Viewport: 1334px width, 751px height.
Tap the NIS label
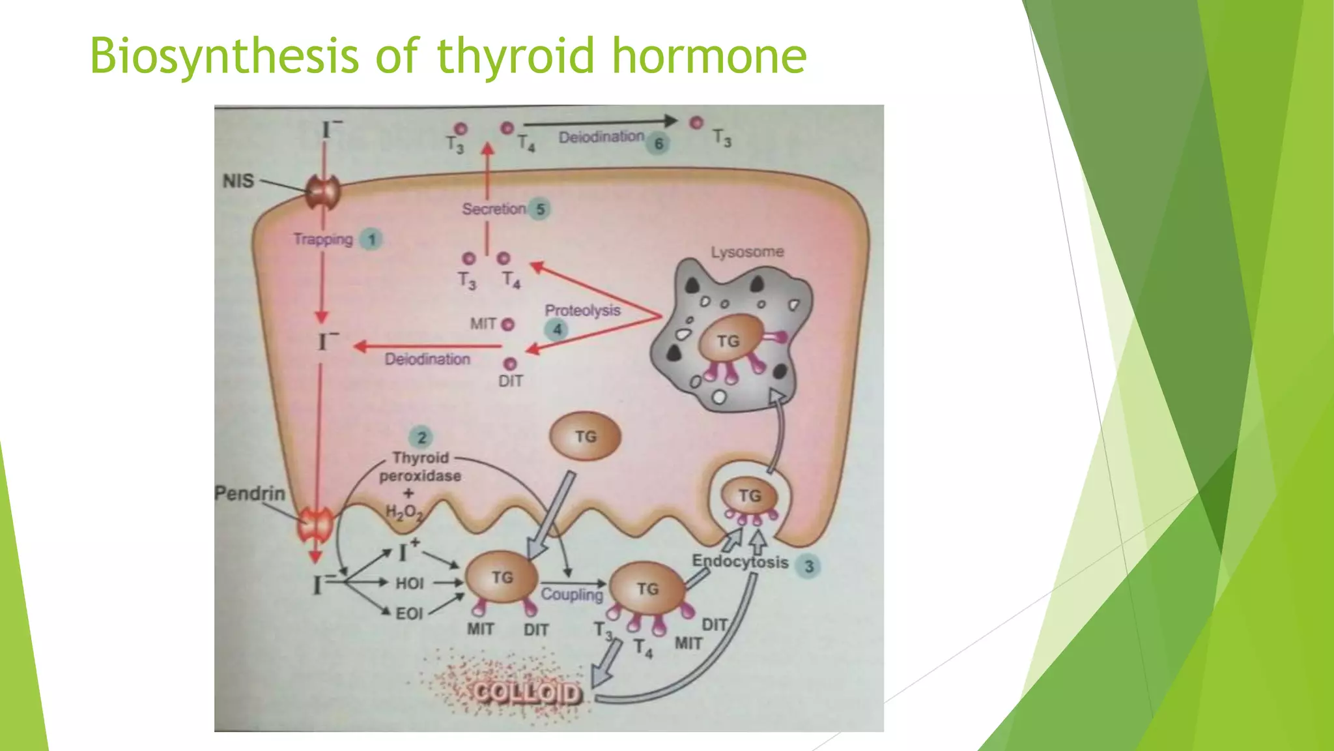[238, 181]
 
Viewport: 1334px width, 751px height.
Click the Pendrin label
[250, 493]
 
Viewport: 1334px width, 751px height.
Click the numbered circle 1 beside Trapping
[372, 240]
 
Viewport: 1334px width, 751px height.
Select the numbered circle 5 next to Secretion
[539, 209]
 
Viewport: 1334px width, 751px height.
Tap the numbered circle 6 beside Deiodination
[659, 143]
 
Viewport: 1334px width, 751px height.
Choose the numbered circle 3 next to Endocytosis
[809, 566]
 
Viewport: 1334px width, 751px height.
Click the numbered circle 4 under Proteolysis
[557, 330]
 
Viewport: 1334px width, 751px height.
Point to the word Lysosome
[747, 252]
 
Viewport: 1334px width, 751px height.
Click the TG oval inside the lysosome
[729, 340]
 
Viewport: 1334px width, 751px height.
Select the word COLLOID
[526, 693]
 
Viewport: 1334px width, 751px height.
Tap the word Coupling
[572, 595]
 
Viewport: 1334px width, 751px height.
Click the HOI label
[410, 583]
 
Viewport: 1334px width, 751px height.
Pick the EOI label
[409, 613]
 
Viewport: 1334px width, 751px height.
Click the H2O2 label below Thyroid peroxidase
[404, 512]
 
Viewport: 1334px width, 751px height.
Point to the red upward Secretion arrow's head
[487, 149]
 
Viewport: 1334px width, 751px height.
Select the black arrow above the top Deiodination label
[599, 122]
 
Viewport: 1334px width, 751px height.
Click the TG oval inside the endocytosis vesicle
[750, 496]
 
